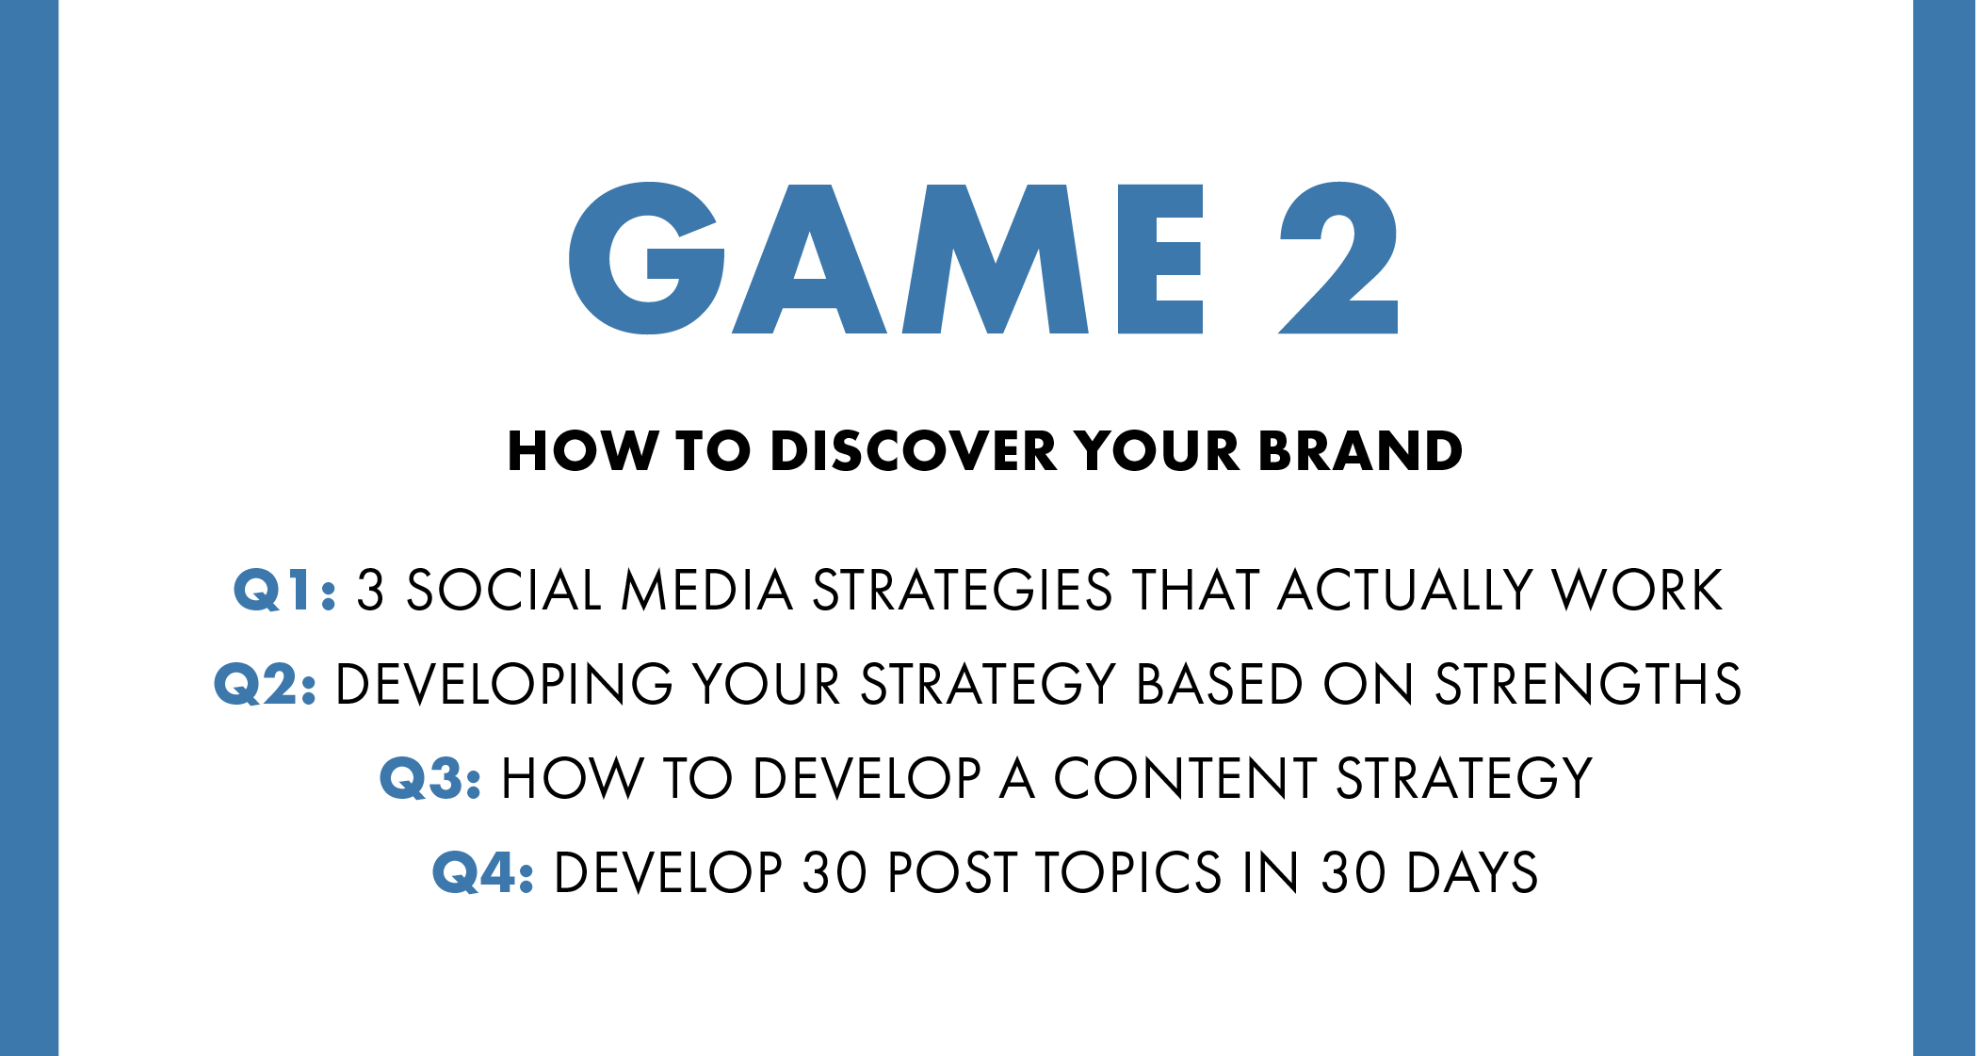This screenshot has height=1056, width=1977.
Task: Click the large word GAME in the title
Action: click(885, 258)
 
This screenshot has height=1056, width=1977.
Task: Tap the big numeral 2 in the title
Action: click(1338, 257)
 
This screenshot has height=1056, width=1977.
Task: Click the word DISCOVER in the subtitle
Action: click(914, 450)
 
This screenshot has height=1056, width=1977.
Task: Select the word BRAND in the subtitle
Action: click(1360, 450)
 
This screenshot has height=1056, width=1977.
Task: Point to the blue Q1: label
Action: click(284, 591)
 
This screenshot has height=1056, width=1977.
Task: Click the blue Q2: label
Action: click(265, 684)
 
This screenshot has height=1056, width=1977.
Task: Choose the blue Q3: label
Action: click(430, 778)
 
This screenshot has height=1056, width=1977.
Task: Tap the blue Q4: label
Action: click(483, 872)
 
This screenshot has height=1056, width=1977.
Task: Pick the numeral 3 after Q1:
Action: click(370, 591)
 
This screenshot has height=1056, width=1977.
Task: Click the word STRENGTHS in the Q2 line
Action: click(1588, 684)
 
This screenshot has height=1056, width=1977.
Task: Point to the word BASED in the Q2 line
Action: click(1220, 684)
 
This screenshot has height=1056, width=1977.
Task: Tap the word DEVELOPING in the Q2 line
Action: click(504, 684)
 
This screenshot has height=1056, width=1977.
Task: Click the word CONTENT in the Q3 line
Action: click(1184, 778)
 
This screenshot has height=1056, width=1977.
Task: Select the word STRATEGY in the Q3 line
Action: click(1464, 778)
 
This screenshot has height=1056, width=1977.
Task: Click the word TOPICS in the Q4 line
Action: click(1129, 872)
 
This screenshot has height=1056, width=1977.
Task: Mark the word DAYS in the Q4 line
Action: click(1472, 872)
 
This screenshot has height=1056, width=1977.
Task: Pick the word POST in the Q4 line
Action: click(952, 872)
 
